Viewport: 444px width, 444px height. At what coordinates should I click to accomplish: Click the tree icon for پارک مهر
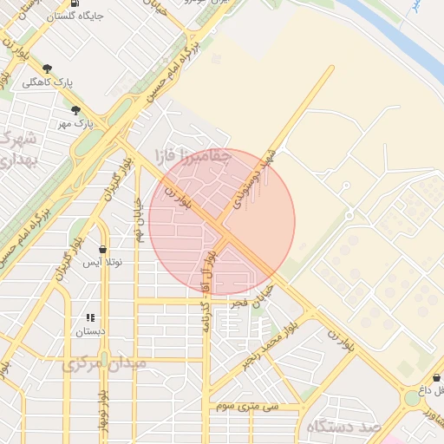click(x=75, y=110)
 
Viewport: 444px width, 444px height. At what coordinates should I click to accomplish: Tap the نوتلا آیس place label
click(x=102, y=261)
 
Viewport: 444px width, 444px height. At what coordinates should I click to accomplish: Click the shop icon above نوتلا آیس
click(x=102, y=249)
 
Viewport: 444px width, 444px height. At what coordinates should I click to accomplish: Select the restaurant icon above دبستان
click(x=89, y=318)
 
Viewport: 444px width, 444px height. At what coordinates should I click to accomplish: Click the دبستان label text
click(x=89, y=331)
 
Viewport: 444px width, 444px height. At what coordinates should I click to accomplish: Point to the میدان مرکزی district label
click(x=95, y=365)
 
